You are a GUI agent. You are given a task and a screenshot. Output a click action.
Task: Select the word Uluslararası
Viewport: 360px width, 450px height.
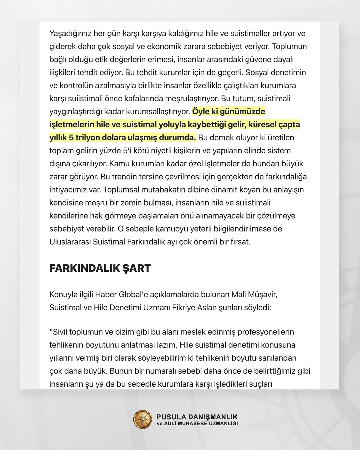[x=70, y=242]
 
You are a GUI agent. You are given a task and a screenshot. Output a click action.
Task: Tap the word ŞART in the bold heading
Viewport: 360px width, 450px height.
[x=136, y=268]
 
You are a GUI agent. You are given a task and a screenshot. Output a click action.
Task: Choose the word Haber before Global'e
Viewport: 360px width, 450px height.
[x=106, y=295]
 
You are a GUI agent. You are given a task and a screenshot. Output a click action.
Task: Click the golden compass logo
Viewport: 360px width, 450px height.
[x=142, y=419]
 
